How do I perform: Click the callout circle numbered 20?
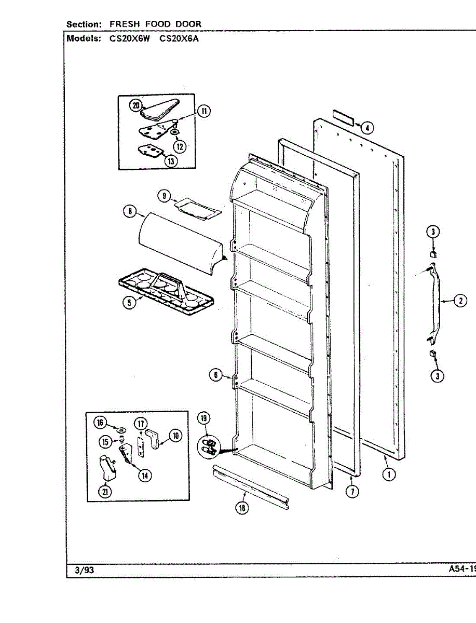coord(135,105)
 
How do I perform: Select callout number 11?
coord(203,111)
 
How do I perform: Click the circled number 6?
coord(215,374)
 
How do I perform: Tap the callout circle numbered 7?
coord(352,491)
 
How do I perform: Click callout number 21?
coord(105,492)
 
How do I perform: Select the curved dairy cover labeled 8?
coord(176,241)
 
